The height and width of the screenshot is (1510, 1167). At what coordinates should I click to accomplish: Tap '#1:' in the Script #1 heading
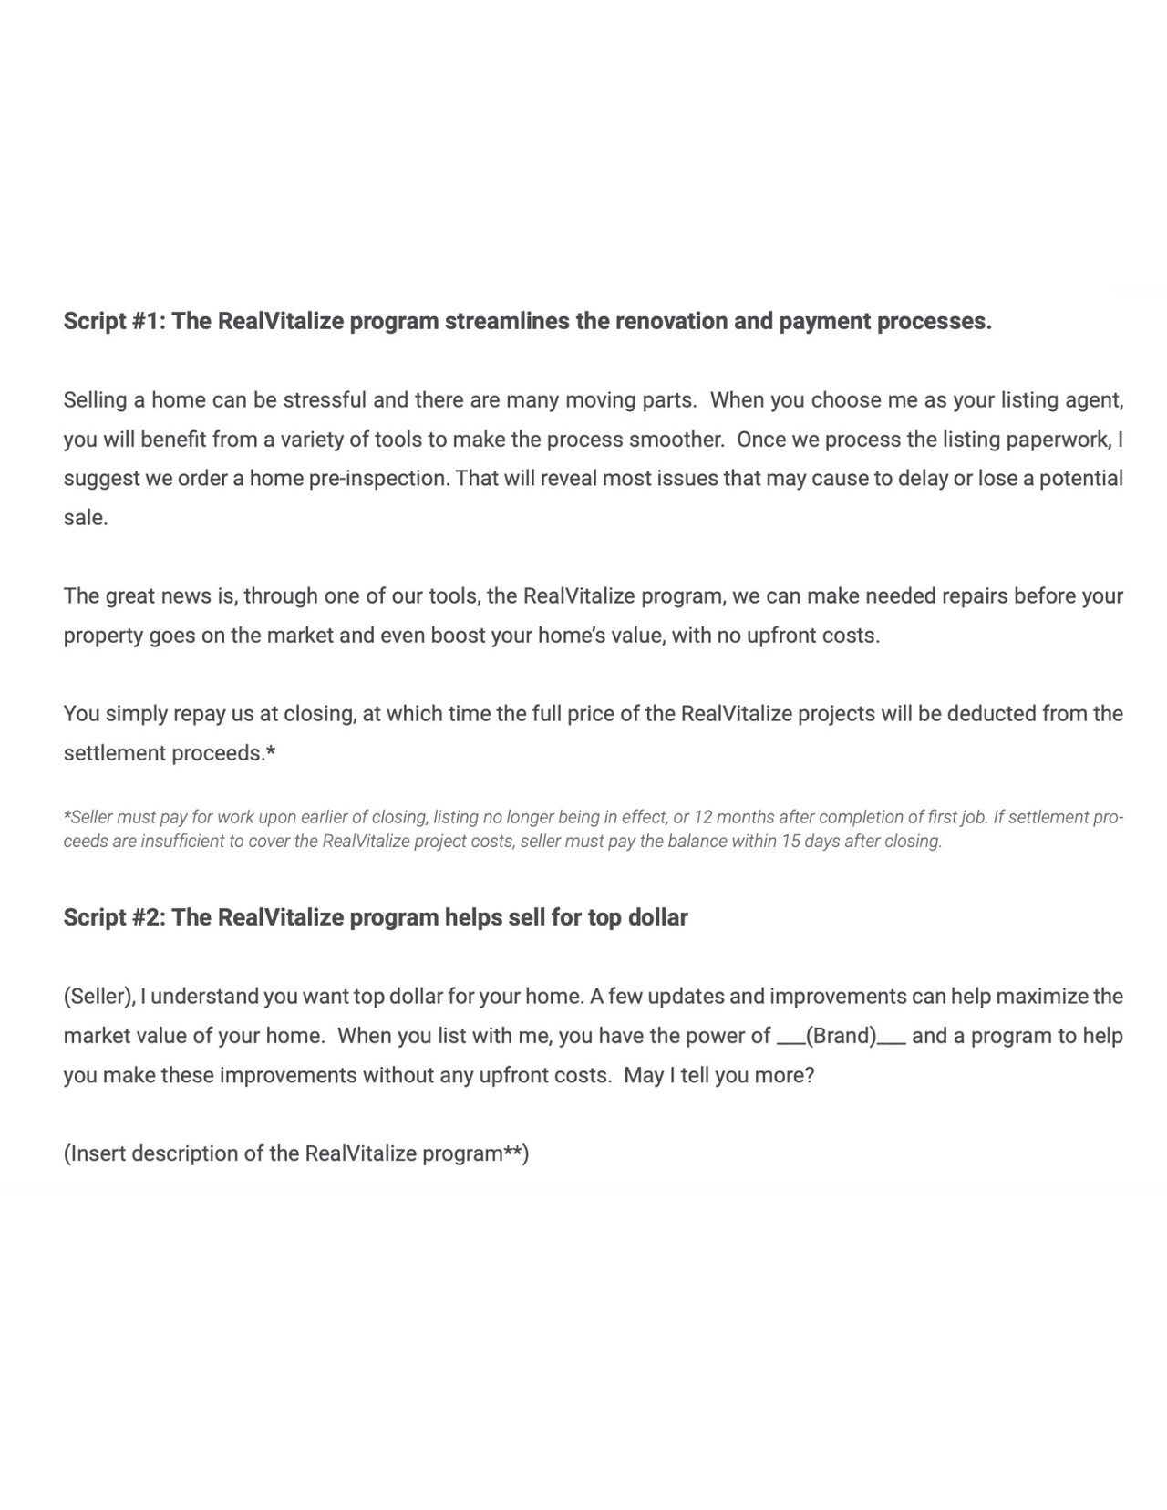pyautogui.click(x=143, y=322)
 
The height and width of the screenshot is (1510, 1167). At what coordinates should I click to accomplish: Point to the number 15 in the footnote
pyautogui.click(x=790, y=842)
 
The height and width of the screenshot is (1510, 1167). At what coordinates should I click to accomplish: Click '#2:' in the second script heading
pyautogui.click(x=143, y=917)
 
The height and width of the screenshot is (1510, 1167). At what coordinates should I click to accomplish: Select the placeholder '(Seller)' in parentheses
pyautogui.click(x=99, y=997)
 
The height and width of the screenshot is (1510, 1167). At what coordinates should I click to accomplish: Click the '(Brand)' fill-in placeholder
pyautogui.click(x=841, y=1037)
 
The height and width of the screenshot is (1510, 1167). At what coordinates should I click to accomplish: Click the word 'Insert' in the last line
pyautogui.click(x=98, y=1154)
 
